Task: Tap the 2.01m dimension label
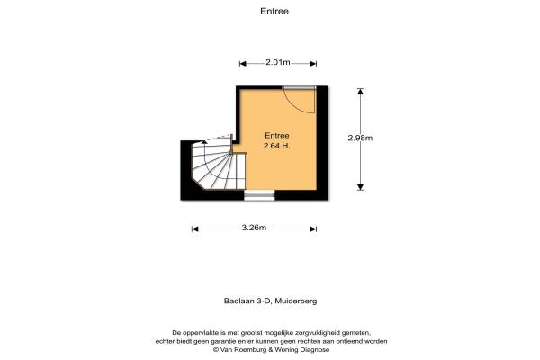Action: click(278, 62)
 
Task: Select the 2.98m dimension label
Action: click(360, 138)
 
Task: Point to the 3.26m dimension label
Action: click(255, 229)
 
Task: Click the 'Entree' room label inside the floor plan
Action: click(276, 135)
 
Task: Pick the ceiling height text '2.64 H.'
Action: click(276, 146)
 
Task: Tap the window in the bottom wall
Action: click(260, 194)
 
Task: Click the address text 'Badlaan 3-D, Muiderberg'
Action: click(269, 302)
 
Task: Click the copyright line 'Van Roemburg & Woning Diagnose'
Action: click(276, 349)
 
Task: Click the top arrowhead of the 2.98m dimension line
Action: click(360, 90)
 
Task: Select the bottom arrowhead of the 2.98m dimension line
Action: click(360, 187)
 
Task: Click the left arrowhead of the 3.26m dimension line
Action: click(194, 229)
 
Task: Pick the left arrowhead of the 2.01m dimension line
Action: click(242, 63)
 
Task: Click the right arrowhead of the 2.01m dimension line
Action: click(314, 63)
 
